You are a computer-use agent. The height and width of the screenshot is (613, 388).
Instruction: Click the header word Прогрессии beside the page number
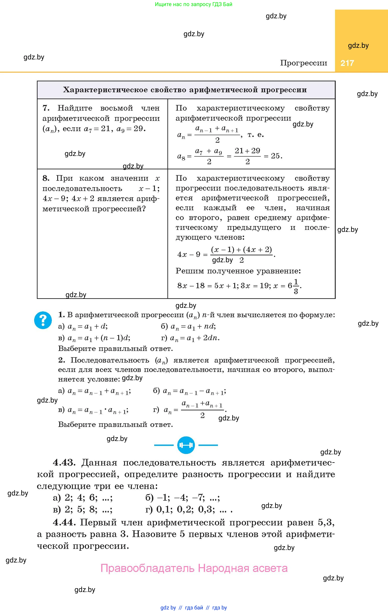(x=304, y=63)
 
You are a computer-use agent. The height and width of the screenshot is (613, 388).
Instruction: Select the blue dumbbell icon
(x=186, y=445)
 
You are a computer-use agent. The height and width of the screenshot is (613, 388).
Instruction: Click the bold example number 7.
(x=46, y=108)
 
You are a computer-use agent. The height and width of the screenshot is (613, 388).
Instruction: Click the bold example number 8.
(x=46, y=178)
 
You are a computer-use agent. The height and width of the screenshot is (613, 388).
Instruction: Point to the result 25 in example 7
(x=275, y=155)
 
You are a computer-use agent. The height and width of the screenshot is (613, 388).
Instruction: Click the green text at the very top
(x=194, y=4)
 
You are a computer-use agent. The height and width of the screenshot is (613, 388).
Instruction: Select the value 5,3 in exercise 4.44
(x=325, y=522)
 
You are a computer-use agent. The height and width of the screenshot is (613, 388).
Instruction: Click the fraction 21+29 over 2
(x=247, y=156)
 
